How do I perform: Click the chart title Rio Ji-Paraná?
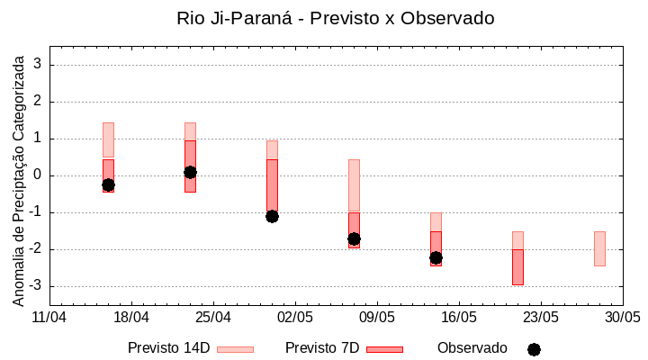coord(336,18)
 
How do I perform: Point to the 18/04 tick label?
coord(130,317)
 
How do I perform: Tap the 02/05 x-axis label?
coord(294,317)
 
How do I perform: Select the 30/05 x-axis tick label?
coord(622,317)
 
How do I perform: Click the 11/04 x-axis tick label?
coord(49,317)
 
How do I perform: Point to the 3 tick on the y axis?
coord(39,65)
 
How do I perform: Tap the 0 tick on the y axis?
coord(39,175)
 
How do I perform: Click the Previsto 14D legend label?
coord(168,348)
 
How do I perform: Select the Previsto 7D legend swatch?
coord(384,349)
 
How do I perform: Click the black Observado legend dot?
coord(534,349)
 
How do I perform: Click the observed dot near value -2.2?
coord(436,257)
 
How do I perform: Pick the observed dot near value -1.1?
coord(272,216)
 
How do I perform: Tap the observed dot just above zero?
coord(190,172)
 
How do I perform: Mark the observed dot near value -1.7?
coord(354,238)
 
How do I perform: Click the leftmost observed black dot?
coord(108,184)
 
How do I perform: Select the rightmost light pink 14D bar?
coord(599,248)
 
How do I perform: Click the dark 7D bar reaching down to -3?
coord(517,267)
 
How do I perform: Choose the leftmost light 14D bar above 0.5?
coord(108,139)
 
